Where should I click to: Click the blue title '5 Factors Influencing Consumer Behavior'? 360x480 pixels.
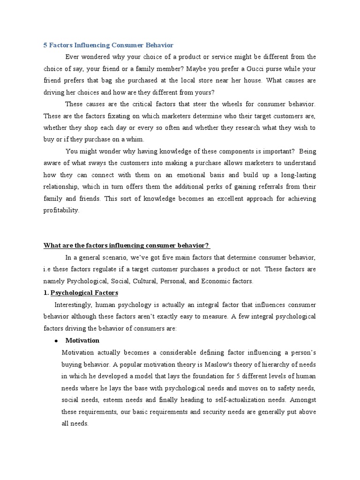click(108, 45)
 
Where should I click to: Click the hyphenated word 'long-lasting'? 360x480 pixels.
click(296, 175)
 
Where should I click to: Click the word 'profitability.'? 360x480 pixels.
click(62, 210)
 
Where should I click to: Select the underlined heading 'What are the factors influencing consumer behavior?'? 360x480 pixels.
click(127, 246)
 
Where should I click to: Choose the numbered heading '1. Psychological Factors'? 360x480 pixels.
click(81, 293)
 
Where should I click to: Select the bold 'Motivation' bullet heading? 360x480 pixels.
click(82, 340)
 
